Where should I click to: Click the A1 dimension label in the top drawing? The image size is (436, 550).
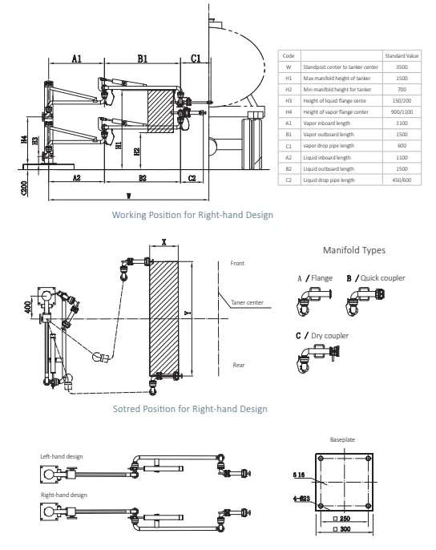point(76,59)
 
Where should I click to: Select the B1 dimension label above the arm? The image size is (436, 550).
point(141,59)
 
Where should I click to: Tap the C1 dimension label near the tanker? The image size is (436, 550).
point(196,59)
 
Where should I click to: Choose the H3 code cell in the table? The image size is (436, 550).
point(289,102)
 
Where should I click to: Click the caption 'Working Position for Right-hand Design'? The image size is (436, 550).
point(192,215)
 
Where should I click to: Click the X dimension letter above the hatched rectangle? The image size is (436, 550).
point(163,241)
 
